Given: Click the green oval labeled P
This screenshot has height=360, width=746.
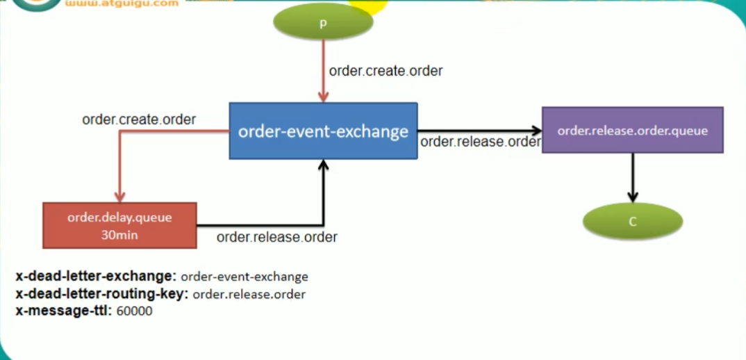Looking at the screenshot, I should [323, 23].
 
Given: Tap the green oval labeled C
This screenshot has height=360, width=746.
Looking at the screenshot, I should [633, 222].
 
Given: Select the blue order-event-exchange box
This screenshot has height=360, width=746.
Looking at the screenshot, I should [323, 131].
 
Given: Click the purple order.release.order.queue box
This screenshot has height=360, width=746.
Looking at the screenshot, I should [632, 130].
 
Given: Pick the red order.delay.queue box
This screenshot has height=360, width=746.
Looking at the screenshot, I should [119, 225].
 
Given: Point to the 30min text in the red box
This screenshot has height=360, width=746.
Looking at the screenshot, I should [119, 235].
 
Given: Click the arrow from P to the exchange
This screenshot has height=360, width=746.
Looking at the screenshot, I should [322, 69].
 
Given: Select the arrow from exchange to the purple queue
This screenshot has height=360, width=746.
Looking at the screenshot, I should [479, 130].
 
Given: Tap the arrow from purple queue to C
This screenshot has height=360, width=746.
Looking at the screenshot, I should [633, 177].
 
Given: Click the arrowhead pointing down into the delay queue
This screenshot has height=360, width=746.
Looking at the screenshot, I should [119, 196].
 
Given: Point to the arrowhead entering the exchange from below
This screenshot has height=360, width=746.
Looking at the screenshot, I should [323, 164].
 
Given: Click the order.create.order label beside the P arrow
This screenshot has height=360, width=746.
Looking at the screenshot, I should [386, 70].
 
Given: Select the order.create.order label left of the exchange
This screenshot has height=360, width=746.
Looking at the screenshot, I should [139, 120].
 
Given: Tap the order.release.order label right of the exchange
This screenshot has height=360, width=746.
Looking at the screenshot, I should [480, 142].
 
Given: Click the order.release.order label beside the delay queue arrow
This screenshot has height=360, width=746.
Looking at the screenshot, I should [276, 237].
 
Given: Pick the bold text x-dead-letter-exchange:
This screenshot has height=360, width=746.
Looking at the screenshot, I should [96, 276].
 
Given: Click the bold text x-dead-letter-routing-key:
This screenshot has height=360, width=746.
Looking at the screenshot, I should [101, 293].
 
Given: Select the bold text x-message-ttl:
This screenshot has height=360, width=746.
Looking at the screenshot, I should [63, 311].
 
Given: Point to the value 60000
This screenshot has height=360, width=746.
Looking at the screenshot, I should [134, 311].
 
